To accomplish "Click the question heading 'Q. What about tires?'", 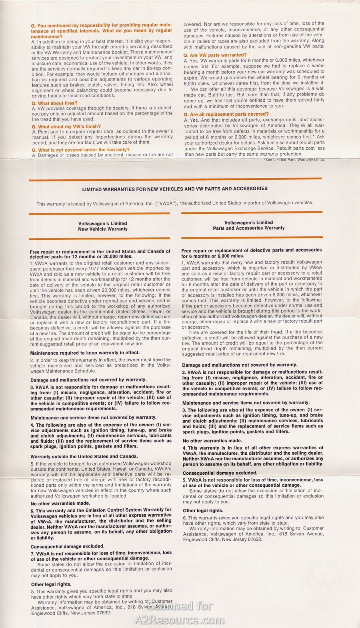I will click(x=54, y=103).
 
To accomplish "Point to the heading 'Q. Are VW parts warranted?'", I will click(x=215, y=55).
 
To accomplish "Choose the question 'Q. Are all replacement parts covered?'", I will click(x=226, y=114).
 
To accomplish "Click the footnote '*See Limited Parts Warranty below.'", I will click(x=294, y=160).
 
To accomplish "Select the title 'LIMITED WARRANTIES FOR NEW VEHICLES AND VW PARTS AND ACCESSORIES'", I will click(x=175, y=189).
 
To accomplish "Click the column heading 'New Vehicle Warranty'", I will click(x=103, y=229).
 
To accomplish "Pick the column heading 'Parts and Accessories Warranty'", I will click(x=249, y=228).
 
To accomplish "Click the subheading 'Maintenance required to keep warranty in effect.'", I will click(x=85, y=353).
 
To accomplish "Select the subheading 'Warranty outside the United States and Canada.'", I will click(x=84, y=456).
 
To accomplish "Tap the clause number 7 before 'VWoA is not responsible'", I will click(x=32, y=553).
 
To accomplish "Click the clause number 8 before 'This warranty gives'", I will click(x=33, y=591).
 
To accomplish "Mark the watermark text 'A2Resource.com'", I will click(x=179, y=620).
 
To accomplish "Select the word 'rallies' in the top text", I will click(x=205, y=41).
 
